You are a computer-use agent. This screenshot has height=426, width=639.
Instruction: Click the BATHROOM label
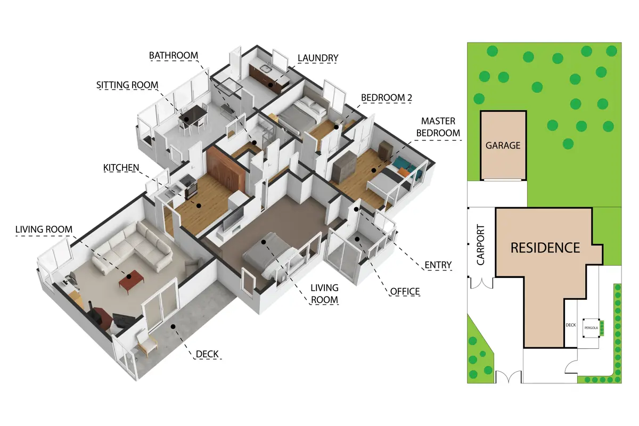[x=174, y=55]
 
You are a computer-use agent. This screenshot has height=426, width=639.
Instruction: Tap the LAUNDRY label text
[x=318, y=58]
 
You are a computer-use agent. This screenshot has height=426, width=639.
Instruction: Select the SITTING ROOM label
[x=127, y=85]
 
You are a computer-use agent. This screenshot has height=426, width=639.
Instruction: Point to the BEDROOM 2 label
[x=387, y=97]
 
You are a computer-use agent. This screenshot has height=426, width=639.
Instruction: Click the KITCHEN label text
[x=121, y=168]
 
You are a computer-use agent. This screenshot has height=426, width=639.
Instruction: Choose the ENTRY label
[x=438, y=265]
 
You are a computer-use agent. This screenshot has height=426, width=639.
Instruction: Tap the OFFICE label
[x=405, y=291]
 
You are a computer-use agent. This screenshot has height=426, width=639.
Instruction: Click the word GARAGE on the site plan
[x=503, y=145]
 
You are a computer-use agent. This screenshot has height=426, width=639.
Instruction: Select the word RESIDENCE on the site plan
[x=545, y=248]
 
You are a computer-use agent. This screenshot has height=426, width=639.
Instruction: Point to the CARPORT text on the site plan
[x=481, y=244]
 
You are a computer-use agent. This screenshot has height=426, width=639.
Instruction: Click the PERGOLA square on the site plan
[x=591, y=328]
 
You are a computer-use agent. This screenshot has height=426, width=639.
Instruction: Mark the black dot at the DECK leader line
[x=173, y=326]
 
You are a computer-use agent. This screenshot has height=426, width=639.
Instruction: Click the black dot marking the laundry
[x=271, y=85]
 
